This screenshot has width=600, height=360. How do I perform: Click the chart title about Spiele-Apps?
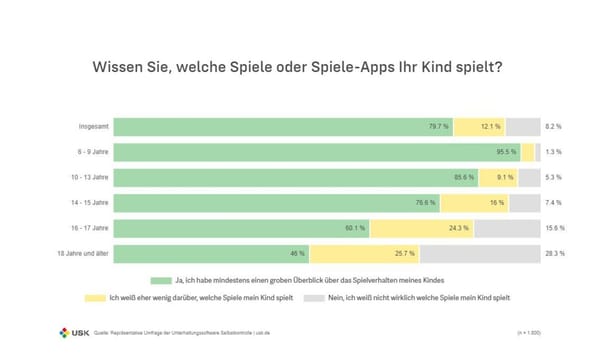(297, 68)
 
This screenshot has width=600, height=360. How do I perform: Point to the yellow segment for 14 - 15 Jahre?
(473, 203)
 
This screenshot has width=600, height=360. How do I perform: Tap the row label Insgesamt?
(95, 127)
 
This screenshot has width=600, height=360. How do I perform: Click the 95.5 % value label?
(507, 152)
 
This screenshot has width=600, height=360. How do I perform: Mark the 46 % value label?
(297, 254)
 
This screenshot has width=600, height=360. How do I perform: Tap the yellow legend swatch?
(93, 298)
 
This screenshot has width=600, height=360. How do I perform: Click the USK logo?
(72, 330)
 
